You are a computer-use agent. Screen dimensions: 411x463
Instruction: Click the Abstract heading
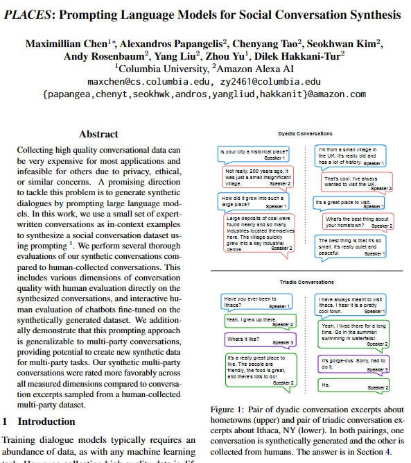pos(98,134)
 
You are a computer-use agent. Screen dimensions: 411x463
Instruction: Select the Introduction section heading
pos(46,421)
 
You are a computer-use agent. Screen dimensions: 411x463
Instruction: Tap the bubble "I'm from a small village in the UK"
pos(350,156)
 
